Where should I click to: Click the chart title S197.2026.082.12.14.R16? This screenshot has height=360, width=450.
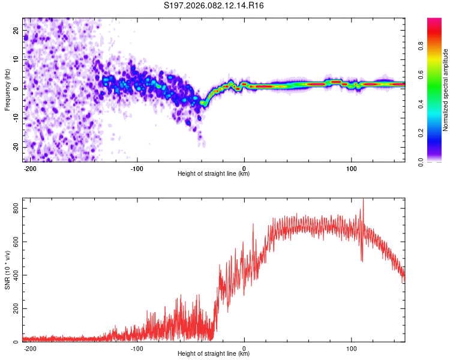(214, 5)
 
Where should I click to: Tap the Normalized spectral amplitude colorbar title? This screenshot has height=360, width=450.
(446, 90)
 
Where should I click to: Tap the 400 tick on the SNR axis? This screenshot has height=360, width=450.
(15, 275)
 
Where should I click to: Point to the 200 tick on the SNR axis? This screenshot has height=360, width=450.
(15, 309)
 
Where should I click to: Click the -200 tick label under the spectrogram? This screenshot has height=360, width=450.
(30, 167)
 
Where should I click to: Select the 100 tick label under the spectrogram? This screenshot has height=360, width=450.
(351, 167)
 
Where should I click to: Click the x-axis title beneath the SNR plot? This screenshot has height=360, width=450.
(214, 354)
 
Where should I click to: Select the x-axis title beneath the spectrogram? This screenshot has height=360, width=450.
(214, 174)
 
